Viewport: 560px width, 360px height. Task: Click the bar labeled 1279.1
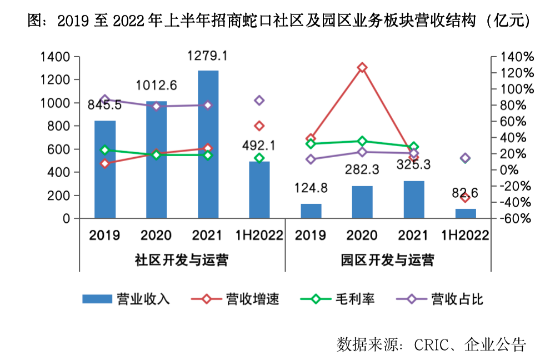(x=208, y=144)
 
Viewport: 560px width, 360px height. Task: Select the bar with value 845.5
(x=105, y=169)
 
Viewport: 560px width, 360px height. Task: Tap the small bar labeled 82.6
(x=466, y=214)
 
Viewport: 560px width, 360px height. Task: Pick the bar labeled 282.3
(x=362, y=202)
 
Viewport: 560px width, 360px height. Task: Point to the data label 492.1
(x=259, y=146)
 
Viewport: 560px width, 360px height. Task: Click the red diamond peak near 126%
(x=362, y=68)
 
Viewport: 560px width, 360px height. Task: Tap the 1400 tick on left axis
(x=54, y=57)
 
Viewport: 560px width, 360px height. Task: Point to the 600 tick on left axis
(x=58, y=149)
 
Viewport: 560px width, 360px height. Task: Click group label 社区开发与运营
(x=182, y=260)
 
